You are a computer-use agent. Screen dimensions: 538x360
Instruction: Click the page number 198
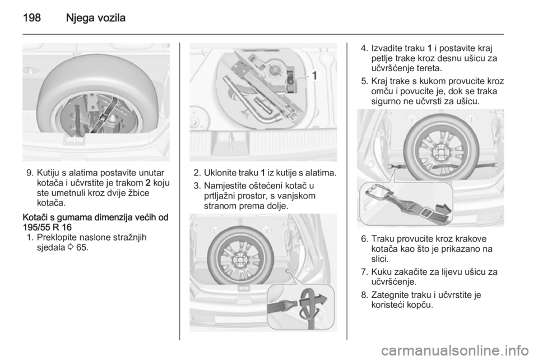[x=32, y=17]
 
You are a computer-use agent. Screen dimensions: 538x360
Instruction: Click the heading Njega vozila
[x=96, y=18]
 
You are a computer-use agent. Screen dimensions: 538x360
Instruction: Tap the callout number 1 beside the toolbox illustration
[x=314, y=76]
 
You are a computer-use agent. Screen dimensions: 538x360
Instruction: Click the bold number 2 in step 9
[x=148, y=183]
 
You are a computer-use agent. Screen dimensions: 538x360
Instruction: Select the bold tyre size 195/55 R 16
[x=47, y=227]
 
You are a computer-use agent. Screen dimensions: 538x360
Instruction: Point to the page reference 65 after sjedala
[x=82, y=247]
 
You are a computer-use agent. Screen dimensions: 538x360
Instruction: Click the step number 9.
[x=29, y=173]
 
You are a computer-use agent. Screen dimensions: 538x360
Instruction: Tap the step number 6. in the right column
[x=365, y=239]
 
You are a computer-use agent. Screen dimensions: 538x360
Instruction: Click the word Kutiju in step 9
[x=48, y=173]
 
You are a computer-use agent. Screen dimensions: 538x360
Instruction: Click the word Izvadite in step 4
[x=386, y=48]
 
